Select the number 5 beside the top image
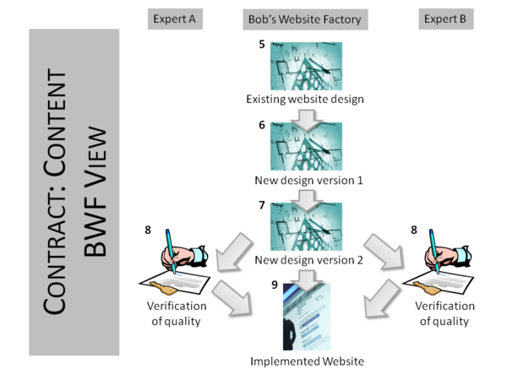(262, 43)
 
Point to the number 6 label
(262, 125)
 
